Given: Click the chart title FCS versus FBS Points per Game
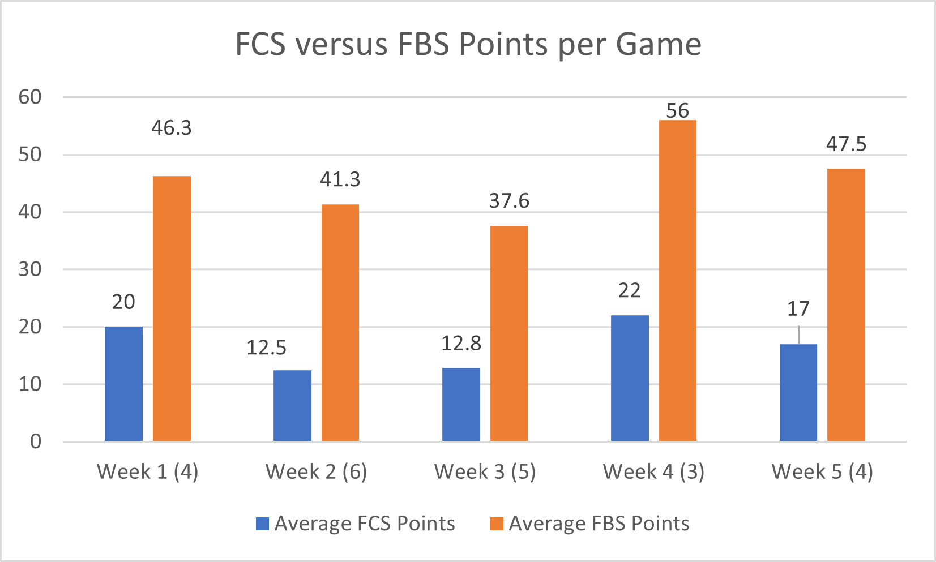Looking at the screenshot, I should [468, 44].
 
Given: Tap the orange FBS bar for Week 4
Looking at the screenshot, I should [677, 281].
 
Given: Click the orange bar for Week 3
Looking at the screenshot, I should [508, 333].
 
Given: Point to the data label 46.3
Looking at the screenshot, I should [171, 128].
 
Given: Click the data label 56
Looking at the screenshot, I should [677, 111].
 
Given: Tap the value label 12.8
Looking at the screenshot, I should [461, 344].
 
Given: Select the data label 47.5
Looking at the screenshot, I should [846, 144].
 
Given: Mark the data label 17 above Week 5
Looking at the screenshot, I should [798, 309].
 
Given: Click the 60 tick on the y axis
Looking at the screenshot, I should [30, 97].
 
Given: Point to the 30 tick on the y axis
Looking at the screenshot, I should [30, 269].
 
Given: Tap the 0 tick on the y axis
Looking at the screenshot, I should [36, 441].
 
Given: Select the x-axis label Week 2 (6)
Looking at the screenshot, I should [316, 471].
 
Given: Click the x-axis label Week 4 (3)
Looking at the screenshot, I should [653, 471].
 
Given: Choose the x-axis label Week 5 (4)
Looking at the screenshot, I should [822, 471].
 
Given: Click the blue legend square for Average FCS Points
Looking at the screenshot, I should [262, 524].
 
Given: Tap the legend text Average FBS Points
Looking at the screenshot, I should [599, 524].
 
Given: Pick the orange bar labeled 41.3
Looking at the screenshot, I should [340, 323].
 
